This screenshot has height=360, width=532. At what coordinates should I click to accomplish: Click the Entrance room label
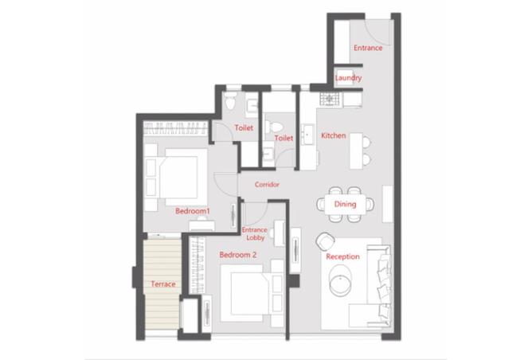point(368,48)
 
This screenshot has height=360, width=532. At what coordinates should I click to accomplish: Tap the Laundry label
point(348,78)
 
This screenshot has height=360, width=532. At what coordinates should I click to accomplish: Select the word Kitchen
point(334,135)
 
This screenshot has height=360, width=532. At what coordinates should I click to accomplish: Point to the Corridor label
point(267,185)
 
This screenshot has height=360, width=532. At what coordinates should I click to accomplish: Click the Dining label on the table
point(345,204)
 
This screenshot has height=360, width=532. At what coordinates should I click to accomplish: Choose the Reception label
point(342,256)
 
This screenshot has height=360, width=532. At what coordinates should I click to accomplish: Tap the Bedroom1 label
point(193,211)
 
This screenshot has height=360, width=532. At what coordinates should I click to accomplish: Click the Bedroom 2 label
point(238,255)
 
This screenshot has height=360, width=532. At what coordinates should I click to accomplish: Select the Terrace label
point(163,284)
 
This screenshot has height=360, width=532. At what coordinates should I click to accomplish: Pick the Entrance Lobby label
point(255,234)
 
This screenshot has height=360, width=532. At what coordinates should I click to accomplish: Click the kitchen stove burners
point(329,99)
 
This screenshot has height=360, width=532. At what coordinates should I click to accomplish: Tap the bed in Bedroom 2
point(246,293)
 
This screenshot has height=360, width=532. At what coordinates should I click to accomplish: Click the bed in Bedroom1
point(182,177)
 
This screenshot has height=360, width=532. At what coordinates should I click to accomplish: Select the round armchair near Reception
point(325,241)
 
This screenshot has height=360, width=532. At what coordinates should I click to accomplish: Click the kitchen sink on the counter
point(307,135)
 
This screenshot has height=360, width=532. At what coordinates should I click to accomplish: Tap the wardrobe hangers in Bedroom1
point(175,128)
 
